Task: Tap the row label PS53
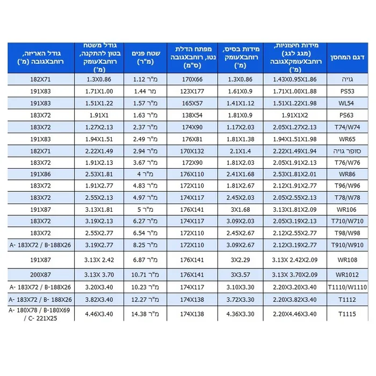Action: tap(348, 91)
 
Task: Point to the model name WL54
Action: tap(348, 103)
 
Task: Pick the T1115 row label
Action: tap(348, 314)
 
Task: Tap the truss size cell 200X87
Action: tap(41, 274)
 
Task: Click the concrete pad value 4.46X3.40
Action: tap(99, 314)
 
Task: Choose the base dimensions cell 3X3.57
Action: tap(238, 274)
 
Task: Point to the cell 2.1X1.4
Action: tap(238, 151)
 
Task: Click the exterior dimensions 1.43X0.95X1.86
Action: tap(295, 79)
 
